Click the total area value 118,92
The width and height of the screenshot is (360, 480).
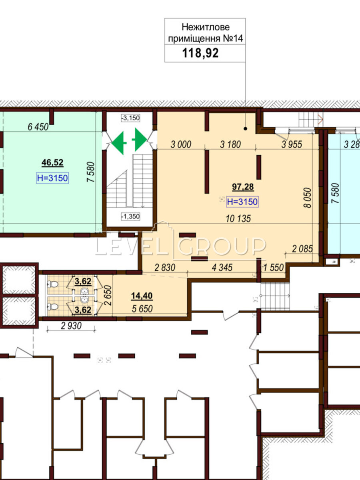point(200,53)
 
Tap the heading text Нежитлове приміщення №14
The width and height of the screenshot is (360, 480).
point(206,33)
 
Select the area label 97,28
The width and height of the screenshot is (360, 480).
point(243,187)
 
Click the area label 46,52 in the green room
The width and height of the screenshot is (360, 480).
point(52,163)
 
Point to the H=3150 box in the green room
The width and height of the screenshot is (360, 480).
point(52,178)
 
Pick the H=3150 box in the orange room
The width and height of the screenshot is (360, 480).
point(242,202)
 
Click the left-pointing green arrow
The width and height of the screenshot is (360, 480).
point(119,143)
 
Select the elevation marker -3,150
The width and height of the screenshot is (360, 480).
point(131,118)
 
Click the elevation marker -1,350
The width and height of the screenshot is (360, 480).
point(131,216)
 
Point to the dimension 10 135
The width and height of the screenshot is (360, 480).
point(238,219)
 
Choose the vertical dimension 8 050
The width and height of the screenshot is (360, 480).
point(308,198)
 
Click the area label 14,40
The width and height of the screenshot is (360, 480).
point(142,296)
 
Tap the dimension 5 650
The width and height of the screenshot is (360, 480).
point(142,309)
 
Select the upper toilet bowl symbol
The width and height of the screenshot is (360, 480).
point(52,284)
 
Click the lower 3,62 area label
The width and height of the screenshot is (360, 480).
point(83,310)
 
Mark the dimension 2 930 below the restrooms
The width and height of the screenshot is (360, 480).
point(71,326)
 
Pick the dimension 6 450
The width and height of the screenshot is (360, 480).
point(38,127)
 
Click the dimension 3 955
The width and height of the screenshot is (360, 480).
point(292,144)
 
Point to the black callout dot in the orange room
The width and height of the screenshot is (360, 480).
point(245,129)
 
